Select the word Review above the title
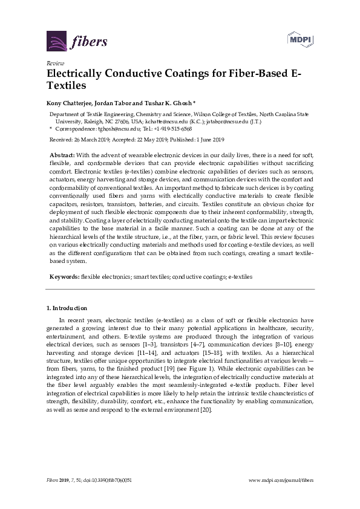[x=54, y=63]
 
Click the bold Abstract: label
[x=62, y=155]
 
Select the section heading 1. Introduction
[x=67, y=308]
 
